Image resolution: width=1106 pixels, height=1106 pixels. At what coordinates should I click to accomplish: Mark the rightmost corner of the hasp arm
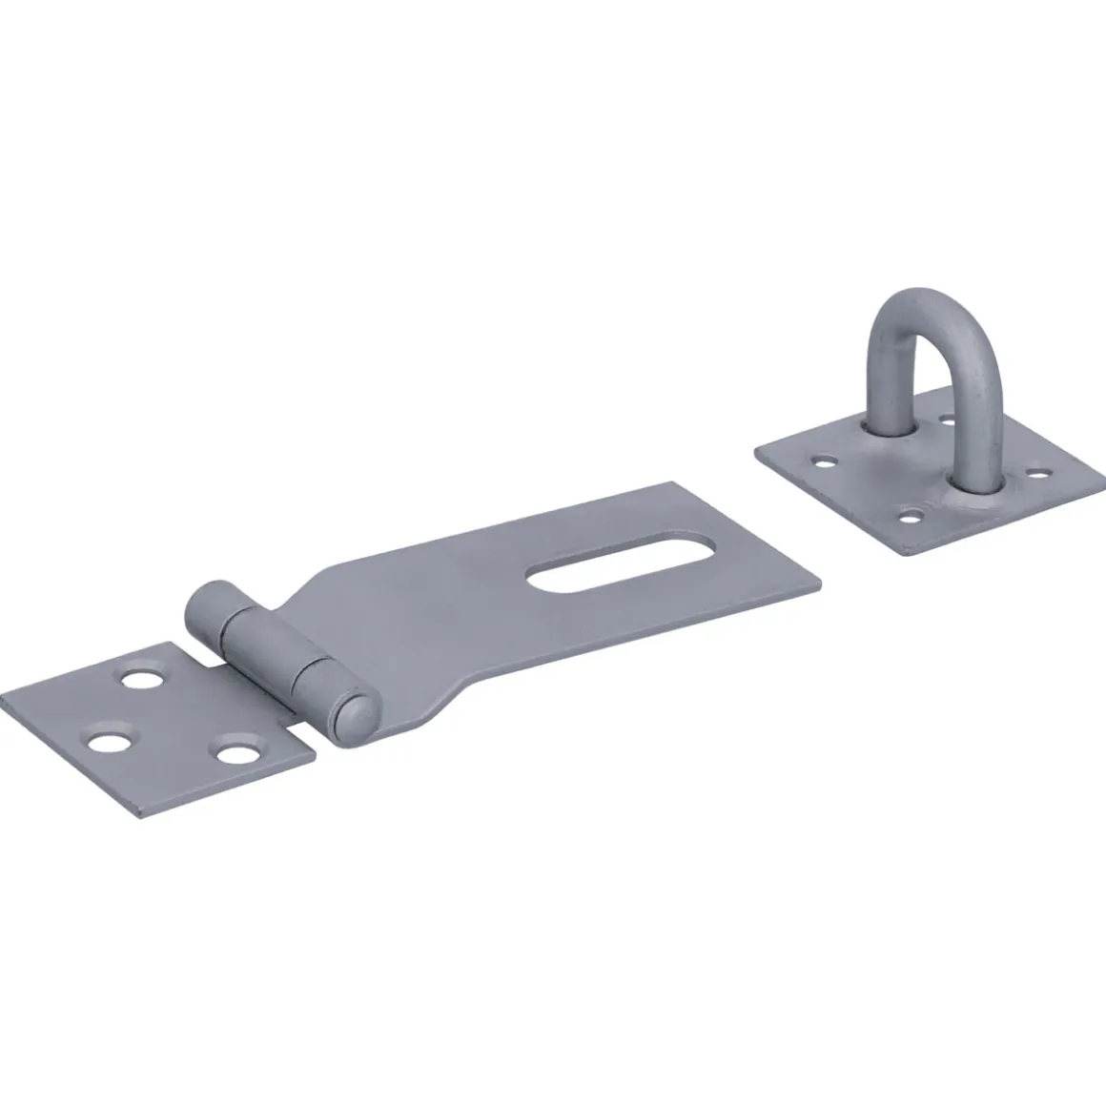tap(820, 584)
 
